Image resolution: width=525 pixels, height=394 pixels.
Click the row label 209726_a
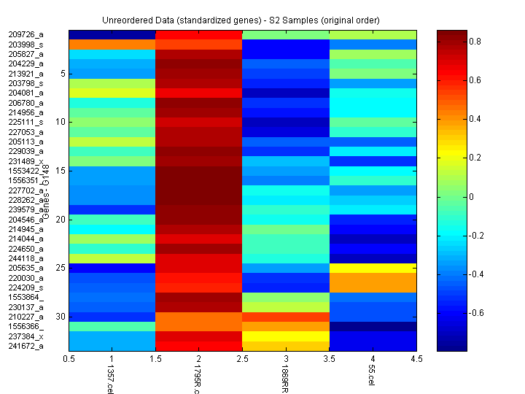[x=26, y=34]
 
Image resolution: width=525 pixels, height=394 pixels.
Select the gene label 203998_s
[x=26, y=45]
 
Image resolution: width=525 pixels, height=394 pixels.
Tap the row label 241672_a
[x=26, y=346]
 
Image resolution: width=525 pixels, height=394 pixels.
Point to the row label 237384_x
[x=26, y=336]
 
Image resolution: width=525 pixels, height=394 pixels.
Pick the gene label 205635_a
[x=26, y=268]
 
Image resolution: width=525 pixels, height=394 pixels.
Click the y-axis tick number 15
[x=61, y=171]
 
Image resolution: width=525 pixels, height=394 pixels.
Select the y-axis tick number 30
[x=61, y=317]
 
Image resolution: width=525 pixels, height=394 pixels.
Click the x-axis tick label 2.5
[x=242, y=359]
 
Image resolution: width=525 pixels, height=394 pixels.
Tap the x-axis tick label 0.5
[x=69, y=359]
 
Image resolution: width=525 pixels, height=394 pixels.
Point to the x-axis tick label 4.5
[x=416, y=359]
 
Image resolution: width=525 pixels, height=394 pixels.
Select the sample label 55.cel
[x=372, y=377]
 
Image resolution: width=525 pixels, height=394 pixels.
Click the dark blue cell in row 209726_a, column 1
[x=112, y=34]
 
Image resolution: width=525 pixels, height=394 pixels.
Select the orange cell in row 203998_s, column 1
[x=112, y=45]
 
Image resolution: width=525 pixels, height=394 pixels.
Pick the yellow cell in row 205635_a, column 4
[x=373, y=268]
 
